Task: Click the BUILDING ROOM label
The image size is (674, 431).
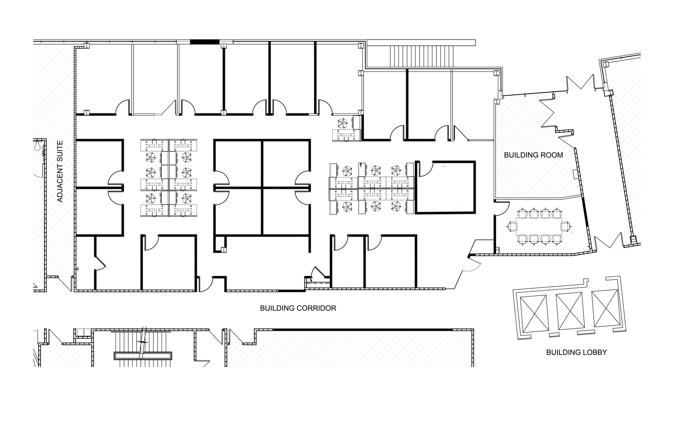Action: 533,155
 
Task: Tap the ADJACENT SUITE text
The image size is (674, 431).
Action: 60,171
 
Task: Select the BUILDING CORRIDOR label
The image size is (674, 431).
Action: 298,308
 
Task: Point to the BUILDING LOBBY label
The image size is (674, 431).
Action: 576,352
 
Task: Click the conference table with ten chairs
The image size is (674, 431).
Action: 539,226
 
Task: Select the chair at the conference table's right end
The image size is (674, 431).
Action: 566,227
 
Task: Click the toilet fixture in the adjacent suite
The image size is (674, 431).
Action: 37,145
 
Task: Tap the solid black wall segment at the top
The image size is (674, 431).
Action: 204,42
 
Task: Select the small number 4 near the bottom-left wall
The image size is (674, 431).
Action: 78,269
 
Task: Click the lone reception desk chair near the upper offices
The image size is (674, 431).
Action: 342,124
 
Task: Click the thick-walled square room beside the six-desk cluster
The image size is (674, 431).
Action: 445,187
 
